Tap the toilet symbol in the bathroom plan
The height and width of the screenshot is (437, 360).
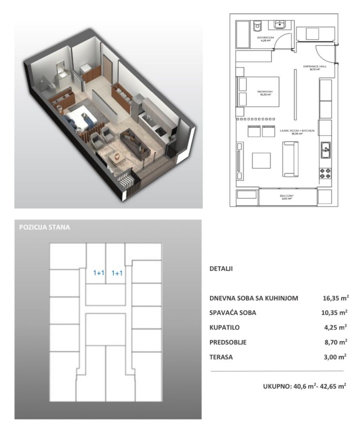pos(256,26)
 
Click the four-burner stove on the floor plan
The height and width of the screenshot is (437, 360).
pos(325,173)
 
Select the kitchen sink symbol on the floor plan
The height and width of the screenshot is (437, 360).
pos(325,151)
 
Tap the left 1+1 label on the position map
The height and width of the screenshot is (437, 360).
pos(99,273)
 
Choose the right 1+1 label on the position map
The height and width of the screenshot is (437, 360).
pos(117,273)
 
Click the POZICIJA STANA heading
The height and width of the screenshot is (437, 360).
pos(45,227)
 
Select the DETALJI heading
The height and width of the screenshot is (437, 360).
pos(221,268)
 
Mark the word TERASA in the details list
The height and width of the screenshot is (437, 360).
pos(221,357)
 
